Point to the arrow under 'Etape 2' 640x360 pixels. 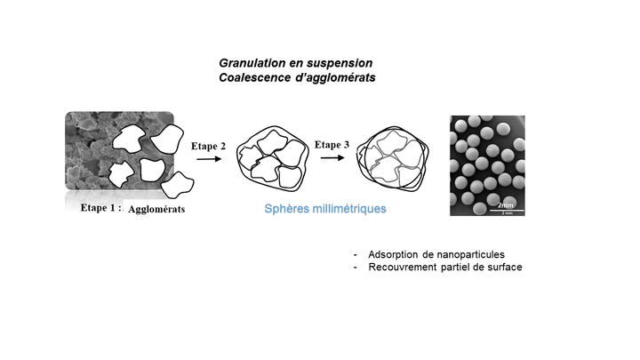(x=209, y=159)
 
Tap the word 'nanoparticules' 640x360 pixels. (x=472, y=254)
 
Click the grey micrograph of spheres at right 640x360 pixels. (x=487, y=164)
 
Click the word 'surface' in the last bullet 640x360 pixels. (x=504, y=268)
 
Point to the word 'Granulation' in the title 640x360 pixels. (x=249, y=64)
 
